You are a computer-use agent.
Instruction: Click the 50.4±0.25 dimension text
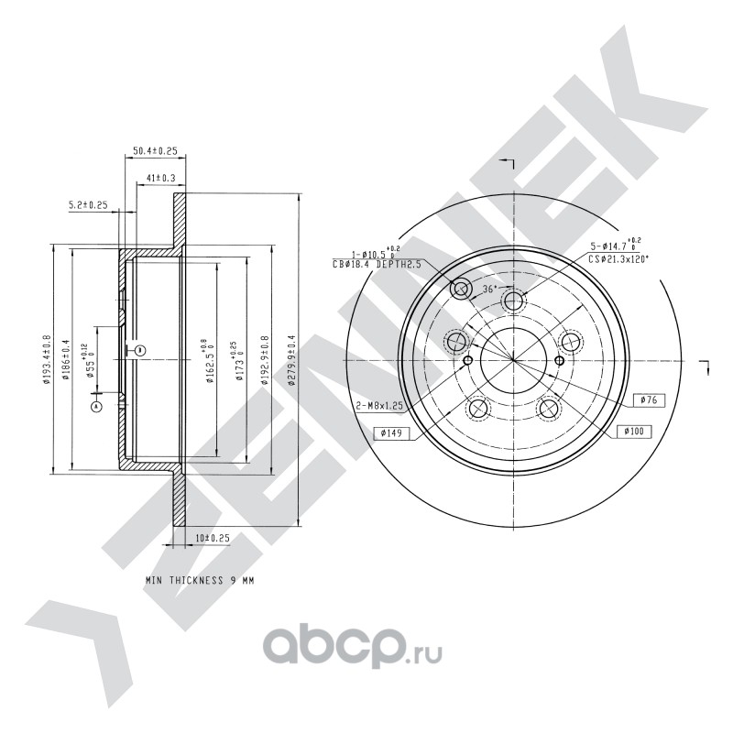154,150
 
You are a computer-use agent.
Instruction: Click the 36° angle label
489,289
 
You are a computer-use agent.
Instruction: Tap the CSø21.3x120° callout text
618,259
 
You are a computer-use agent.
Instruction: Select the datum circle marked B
138,350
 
